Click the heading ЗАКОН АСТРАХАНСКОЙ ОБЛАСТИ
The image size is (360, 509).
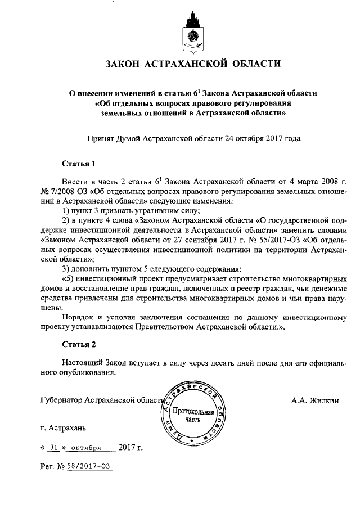pos(192,64)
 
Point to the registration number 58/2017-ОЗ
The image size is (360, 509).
pos(90,467)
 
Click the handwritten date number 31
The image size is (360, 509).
pos(54,448)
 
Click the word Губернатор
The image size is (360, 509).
pos(61,401)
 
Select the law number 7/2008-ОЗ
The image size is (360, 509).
pos(69,192)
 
